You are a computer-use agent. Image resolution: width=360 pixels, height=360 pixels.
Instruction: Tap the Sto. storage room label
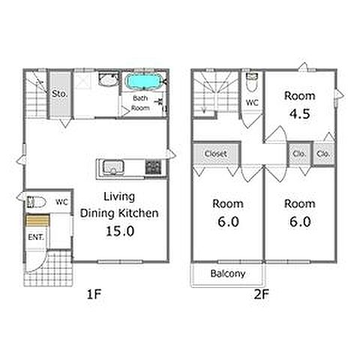point(60,94)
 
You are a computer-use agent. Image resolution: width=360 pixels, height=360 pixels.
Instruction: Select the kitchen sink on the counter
point(113,167)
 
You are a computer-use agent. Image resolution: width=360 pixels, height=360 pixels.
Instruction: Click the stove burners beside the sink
point(154,167)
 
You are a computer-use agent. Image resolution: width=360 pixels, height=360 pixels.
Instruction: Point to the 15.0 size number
point(120,231)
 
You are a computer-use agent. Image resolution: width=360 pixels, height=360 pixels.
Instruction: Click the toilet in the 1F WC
point(37,202)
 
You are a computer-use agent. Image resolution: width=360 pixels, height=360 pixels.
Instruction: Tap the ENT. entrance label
point(36,237)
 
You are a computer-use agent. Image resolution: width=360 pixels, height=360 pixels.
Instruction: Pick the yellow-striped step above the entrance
point(37,220)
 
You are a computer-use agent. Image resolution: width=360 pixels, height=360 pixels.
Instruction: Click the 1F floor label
point(94,294)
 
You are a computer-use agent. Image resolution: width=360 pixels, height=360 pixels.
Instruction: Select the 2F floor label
point(262,294)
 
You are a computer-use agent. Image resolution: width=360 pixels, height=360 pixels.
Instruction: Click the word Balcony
point(228,274)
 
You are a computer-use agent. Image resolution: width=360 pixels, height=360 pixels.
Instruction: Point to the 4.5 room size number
point(300,114)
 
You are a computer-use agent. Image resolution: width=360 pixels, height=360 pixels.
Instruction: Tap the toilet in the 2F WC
point(251,82)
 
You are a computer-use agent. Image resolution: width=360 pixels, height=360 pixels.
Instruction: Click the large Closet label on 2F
point(215,154)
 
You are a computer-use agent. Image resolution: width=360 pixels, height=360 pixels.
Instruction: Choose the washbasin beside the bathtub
point(108,79)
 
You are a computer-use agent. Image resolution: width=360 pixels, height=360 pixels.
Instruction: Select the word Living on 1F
point(119,196)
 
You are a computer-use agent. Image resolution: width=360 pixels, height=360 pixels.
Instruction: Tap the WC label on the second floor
point(252,103)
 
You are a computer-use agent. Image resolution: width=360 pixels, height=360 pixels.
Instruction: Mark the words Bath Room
point(140,103)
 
